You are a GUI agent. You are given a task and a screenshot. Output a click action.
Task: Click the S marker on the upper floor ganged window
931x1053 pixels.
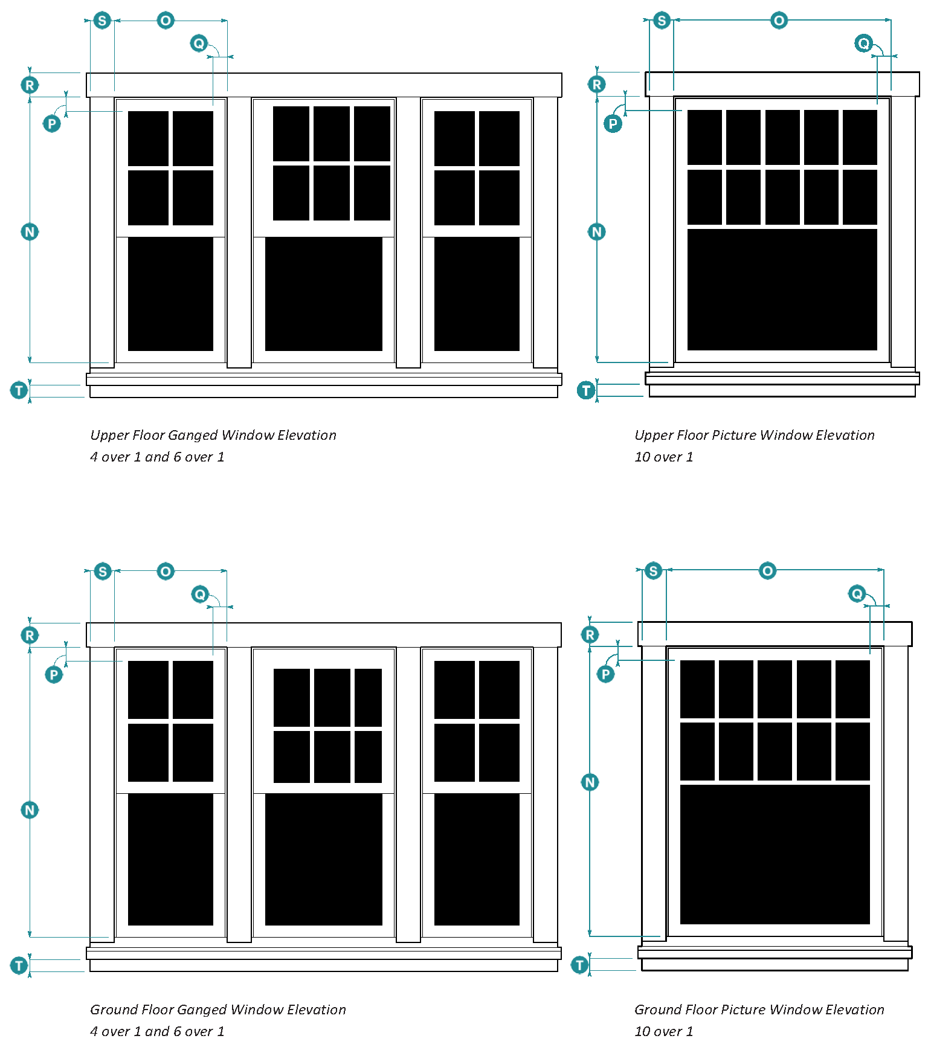102,21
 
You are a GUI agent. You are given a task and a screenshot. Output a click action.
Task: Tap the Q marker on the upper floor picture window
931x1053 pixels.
864,43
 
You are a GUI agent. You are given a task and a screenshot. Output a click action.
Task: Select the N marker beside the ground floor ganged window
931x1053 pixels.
30,810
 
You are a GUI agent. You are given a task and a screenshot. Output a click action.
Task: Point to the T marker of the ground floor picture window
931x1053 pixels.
580,965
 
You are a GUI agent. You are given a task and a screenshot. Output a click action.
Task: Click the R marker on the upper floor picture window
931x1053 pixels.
597,85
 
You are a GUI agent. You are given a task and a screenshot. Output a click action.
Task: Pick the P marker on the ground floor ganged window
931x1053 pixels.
54,674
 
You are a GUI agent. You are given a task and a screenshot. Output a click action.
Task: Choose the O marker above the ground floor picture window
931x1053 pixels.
767,571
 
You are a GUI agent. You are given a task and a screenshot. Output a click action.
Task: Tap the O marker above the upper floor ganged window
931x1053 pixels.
166,21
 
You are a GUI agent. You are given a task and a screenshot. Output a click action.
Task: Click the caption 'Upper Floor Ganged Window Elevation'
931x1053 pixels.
213,435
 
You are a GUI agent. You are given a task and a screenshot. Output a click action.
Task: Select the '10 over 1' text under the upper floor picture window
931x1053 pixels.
663,457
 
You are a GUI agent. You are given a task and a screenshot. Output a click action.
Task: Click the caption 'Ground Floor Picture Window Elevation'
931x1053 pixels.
759,1010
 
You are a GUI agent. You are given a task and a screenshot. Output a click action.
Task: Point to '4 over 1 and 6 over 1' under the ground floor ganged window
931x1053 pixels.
157,1031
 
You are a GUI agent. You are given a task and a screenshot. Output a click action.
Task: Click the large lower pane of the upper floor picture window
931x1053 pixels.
782,289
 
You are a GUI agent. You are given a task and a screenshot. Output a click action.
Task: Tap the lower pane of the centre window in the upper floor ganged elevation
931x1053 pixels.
323,294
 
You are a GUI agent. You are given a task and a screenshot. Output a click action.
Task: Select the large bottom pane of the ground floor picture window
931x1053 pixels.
775,854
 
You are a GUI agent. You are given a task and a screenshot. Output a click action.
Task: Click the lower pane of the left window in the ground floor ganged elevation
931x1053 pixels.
170,859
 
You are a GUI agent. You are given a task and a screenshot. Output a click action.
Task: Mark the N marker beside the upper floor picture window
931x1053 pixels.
597,231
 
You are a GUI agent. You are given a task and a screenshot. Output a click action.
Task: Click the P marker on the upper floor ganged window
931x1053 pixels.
52,124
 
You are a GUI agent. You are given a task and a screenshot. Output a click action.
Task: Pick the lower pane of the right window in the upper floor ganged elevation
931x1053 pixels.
477,294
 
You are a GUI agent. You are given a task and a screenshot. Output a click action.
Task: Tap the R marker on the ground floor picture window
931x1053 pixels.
590,634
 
